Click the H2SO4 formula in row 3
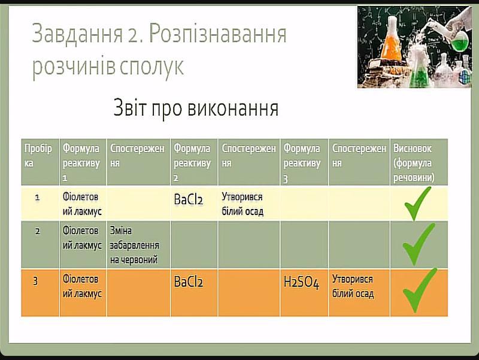(301, 282)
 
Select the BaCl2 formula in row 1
(189, 199)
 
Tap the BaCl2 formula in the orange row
(189, 282)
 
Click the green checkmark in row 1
(417, 204)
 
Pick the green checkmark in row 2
(419, 244)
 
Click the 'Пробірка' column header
(38, 156)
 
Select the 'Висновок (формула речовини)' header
(414, 163)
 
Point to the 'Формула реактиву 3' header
(302, 164)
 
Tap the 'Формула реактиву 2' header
(192, 163)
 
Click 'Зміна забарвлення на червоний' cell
(134, 245)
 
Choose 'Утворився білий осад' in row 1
(242, 204)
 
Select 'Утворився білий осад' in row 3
(353, 286)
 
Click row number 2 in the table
(37, 231)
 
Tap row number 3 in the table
(35, 280)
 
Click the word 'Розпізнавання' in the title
(218, 34)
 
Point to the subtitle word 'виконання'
(233, 108)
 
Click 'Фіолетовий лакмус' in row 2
(82, 238)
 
